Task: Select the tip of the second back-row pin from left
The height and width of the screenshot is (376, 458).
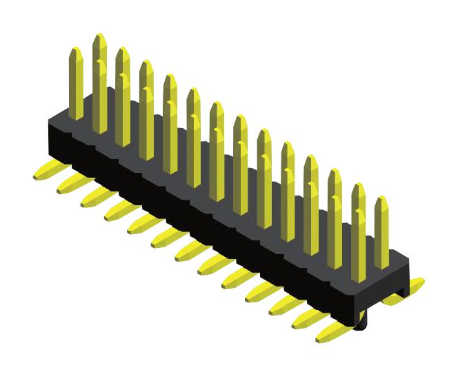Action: tap(123, 50)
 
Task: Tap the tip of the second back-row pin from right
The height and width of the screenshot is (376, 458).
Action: tap(335, 172)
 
